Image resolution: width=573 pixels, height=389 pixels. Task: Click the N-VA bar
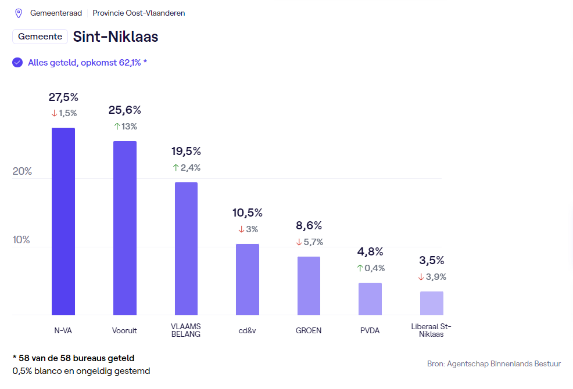tap(63, 221)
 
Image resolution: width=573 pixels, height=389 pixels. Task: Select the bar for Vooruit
tap(125, 228)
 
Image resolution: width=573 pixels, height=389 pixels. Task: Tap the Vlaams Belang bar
tap(186, 248)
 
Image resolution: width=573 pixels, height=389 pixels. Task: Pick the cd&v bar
tap(248, 279)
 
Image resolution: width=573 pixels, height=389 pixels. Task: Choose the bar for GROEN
tap(309, 286)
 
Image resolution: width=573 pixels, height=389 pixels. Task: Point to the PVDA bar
tap(370, 299)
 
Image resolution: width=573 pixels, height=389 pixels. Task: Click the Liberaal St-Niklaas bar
tap(431, 303)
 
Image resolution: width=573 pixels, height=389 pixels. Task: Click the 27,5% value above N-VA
tap(63, 97)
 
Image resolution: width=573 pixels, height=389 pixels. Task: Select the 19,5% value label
tap(186, 152)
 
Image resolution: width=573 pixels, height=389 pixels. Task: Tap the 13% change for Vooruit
tap(125, 127)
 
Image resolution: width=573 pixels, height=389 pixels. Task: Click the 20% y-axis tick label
tap(22, 172)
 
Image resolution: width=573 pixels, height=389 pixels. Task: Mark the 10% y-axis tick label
tap(22, 240)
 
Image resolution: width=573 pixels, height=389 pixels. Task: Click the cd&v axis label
tap(248, 331)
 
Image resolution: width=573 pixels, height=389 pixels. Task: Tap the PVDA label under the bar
tap(370, 331)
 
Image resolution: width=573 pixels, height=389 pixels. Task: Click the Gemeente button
tap(40, 37)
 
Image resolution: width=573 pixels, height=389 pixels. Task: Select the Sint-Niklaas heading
tap(116, 37)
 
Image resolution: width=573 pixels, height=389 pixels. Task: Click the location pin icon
tap(19, 13)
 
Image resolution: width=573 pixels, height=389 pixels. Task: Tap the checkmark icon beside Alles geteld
tap(17, 63)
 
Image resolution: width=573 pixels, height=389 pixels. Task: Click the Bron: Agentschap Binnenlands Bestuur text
tap(494, 364)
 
